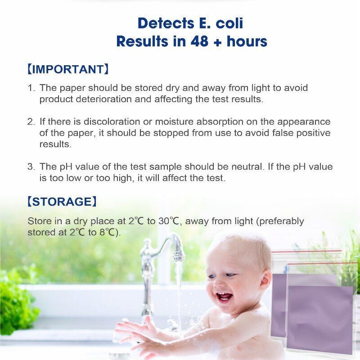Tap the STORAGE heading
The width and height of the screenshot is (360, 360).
[62, 202]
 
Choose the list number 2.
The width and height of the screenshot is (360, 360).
[31, 122]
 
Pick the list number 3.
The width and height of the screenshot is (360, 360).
[31, 166]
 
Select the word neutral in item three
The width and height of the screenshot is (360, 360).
[245, 166]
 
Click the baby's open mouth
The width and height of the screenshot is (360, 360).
[224, 297]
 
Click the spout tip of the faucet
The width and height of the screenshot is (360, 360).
[179, 258]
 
